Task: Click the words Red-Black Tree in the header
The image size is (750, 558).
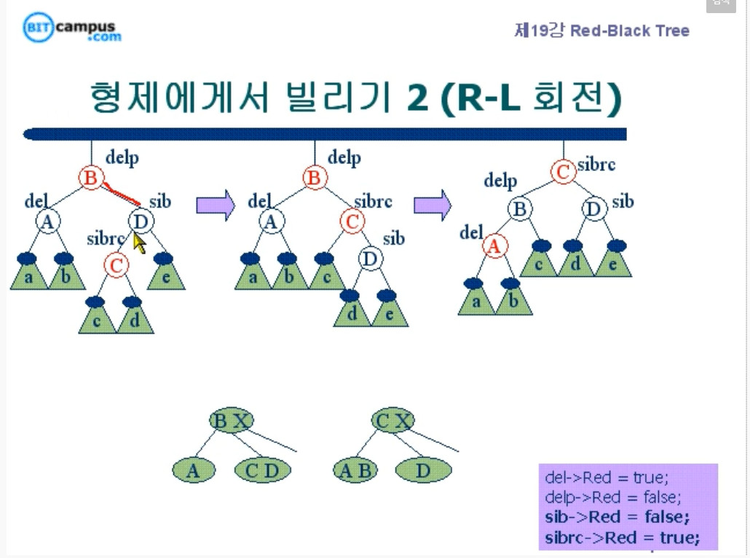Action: point(629,31)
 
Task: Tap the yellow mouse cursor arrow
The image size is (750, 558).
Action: point(139,242)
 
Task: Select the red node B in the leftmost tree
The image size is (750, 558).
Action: point(91,178)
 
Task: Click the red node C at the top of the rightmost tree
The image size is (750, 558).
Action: point(563,172)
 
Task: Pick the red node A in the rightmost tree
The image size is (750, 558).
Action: point(494,247)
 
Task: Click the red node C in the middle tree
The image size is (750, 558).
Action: point(352,221)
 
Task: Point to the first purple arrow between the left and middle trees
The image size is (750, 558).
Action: point(216,205)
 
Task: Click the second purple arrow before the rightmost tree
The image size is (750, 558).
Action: point(433,205)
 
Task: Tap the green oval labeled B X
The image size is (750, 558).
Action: point(231,420)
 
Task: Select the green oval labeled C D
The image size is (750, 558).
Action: point(262,471)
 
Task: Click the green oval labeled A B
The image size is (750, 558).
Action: point(356,471)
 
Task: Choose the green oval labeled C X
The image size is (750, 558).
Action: point(392,420)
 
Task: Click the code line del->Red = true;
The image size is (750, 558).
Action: point(606,478)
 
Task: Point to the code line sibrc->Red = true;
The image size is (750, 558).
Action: point(622,538)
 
